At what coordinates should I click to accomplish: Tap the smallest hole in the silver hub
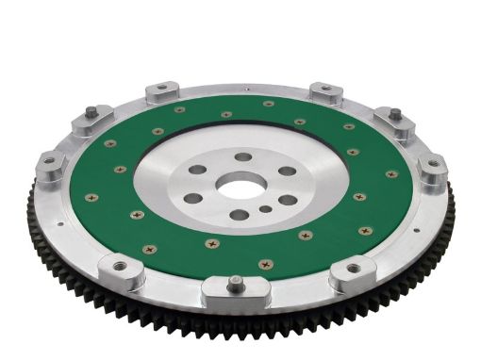click(x=269, y=210)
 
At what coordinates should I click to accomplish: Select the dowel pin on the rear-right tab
click(x=394, y=114)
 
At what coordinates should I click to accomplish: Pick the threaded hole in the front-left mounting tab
click(x=132, y=268)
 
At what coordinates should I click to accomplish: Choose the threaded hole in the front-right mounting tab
click(x=355, y=268)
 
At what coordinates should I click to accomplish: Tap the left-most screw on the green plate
click(x=91, y=197)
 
